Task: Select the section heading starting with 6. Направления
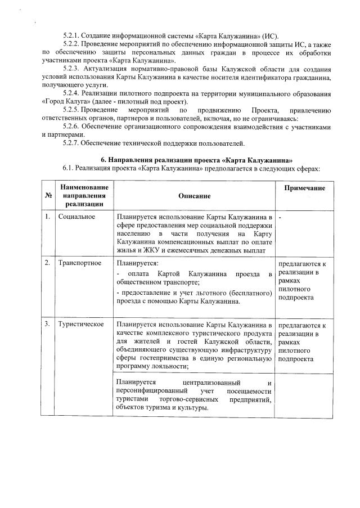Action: pyautogui.click(x=196, y=160)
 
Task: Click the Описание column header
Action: pyautogui.click(x=195, y=195)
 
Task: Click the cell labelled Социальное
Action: pyautogui.click(x=76, y=217)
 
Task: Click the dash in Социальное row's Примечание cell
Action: pyautogui.click(x=280, y=217)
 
